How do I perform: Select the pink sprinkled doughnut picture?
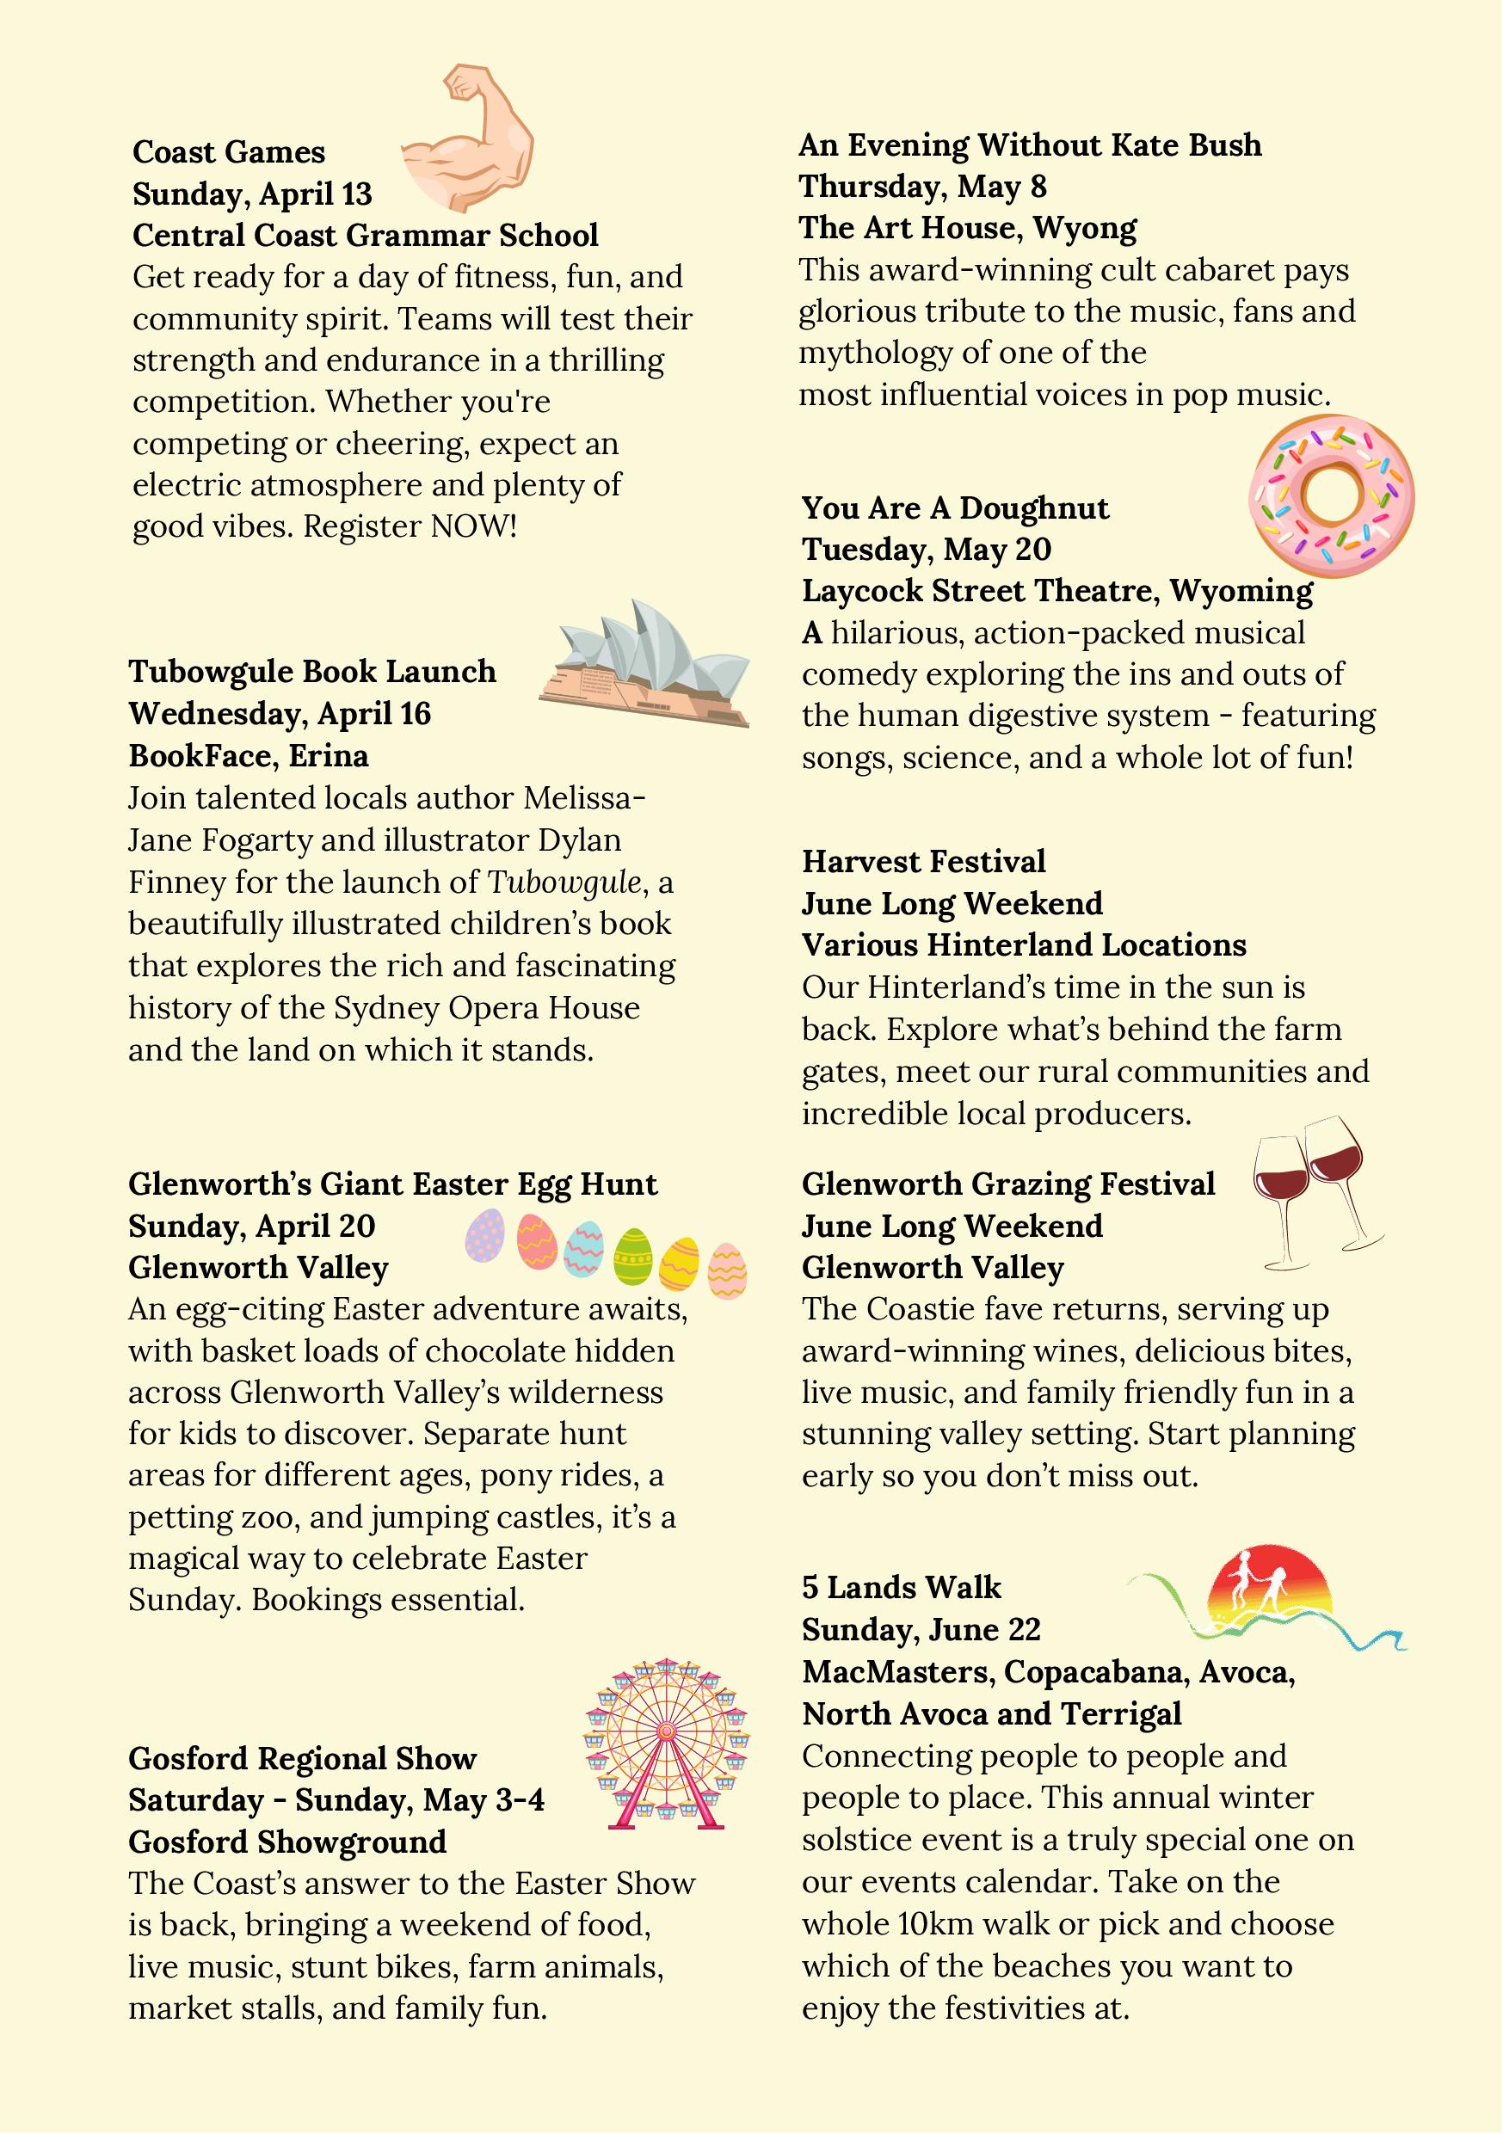[1331, 495]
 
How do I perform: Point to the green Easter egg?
[633, 1254]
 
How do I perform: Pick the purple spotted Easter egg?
[484, 1235]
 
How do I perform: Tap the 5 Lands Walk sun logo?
[1270, 1598]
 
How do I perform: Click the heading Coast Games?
[229, 152]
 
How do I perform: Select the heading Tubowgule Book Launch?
[312, 672]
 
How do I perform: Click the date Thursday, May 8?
[922, 187]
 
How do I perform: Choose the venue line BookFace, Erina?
[248, 756]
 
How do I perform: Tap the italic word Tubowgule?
[564, 882]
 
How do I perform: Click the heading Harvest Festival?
[924, 862]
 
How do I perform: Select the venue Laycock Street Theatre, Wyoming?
[1057, 591]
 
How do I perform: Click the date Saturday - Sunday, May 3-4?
[336, 1800]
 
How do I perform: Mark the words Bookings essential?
[388, 1600]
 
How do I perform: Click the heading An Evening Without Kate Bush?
[1030, 145]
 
